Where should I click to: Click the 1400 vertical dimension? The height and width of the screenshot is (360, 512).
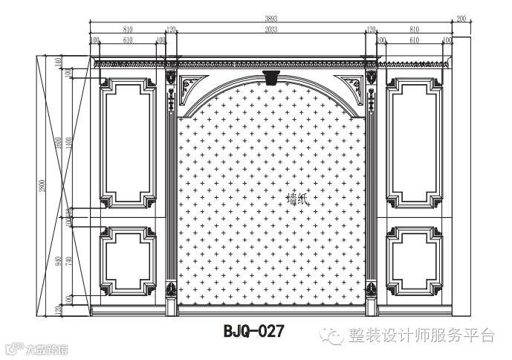click(x=68, y=141)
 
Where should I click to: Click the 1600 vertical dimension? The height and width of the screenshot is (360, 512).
click(x=59, y=141)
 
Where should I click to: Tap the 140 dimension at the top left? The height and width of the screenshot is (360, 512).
click(x=59, y=62)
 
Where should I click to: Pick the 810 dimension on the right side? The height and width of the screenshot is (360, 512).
click(x=415, y=29)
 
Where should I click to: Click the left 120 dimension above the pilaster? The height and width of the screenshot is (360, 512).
click(x=171, y=29)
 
